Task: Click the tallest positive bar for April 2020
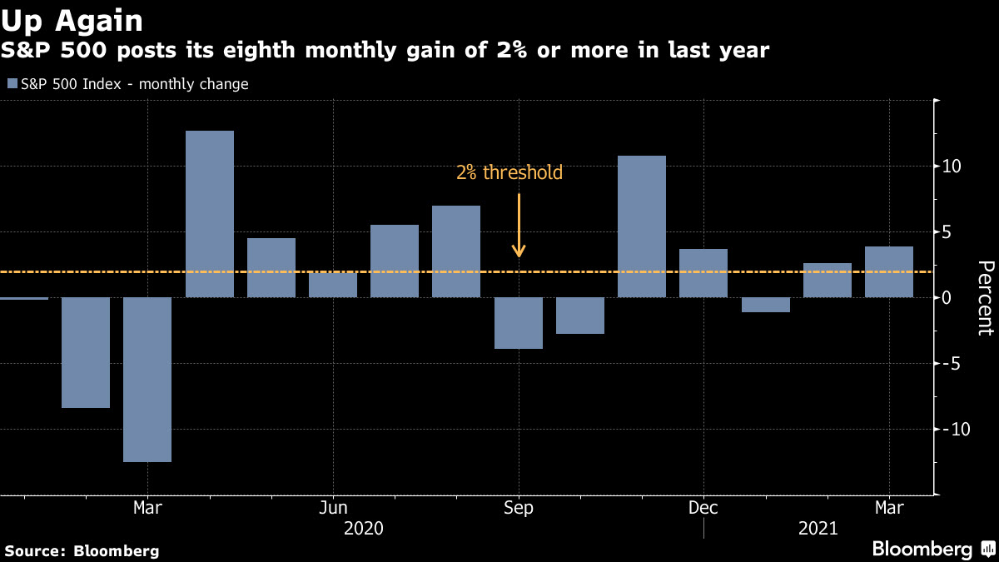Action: [x=210, y=214]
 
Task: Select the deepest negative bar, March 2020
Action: [x=147, y=380]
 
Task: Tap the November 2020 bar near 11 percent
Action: [x=642, y=226]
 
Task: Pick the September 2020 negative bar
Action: [x=519, y=323]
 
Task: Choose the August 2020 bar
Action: [x=456, y=251]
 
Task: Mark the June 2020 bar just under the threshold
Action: [x=333, y=285]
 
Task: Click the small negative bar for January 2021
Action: [x=766, y=305]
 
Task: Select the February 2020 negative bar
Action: [x=86, y=352]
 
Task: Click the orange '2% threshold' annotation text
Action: [x=509, y=173]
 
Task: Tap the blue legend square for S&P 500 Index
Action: [x=11, y=84]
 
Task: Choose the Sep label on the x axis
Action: [x=519, y=507]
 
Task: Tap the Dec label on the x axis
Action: [x=703, y=507]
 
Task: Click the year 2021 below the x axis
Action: [x=818, y=528]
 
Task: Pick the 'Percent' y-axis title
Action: [x=985, y=298]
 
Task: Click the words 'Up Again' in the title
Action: [x=72, y=20]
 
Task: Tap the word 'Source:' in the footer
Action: [x=36, y=550]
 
